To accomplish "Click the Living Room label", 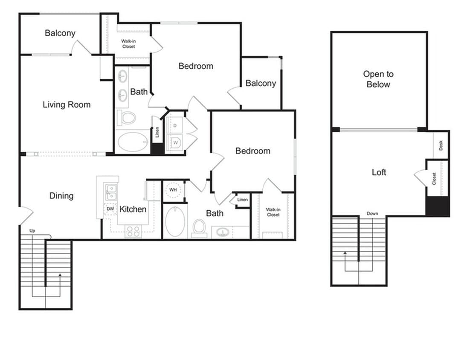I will coord(67,105).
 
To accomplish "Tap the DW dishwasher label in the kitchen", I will coord(110,209).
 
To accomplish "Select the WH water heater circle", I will coord(174,189).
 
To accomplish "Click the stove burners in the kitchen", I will coord(133,232).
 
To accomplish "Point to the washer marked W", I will coord(175,142).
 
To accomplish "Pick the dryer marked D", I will coord(175,125).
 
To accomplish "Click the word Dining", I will coord(61,196).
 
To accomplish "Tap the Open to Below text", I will coord(378,79).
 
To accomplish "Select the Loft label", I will coord(379,172).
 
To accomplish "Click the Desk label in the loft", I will coord(441,145).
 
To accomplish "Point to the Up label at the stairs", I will coord(32,231).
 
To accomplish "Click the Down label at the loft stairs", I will coord(372,213).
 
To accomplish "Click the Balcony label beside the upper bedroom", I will coord(261,83).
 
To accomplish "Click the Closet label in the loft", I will coord(434,178).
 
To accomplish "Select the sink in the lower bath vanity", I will coord(223,232).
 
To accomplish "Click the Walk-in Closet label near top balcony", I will coord(128,44).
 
